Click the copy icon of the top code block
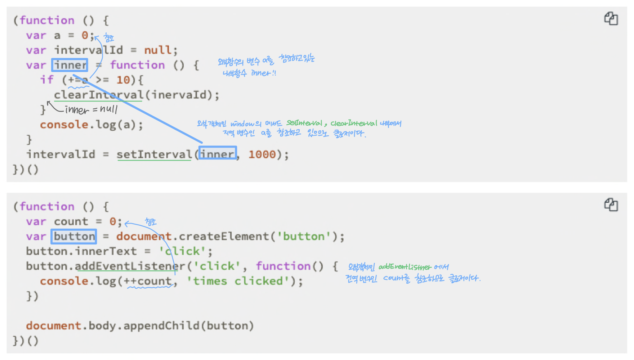pyautogui.click(x=611, y=18)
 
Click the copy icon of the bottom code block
pyautogui.click(x=611, y=204)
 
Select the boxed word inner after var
pyautogui.click(x=70, y=65)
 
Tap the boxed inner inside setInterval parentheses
pyautogui.click(x=217, y=154)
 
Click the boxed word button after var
pyautogui.click(x=74, y=237)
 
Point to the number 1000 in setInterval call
pyautogui.click(x=262, y=154)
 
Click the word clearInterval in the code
pyautogui.click(x=98, y=95)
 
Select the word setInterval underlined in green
pyautogui.click(x=154, y=154)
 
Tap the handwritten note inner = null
pyautogui.click(x=91, y=109)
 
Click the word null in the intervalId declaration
pyautogui.click(x=157, y=50)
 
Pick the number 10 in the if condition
pyautogui.click(x=123, y=80)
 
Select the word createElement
pyautogui.click(x=224, y=237)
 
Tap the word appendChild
pyautogui.click(x=161, y=326)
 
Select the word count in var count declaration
pyautogui.click(x=71, y=222)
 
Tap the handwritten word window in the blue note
pyautogui.click(x=242, y=124)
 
